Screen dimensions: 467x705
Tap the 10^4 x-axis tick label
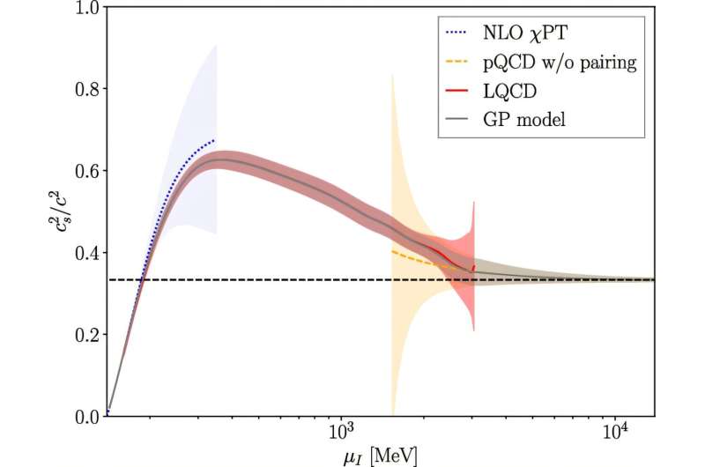pos(614,434)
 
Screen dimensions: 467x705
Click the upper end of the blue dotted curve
pos(214,140)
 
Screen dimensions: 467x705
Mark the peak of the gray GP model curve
pos(226,160)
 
